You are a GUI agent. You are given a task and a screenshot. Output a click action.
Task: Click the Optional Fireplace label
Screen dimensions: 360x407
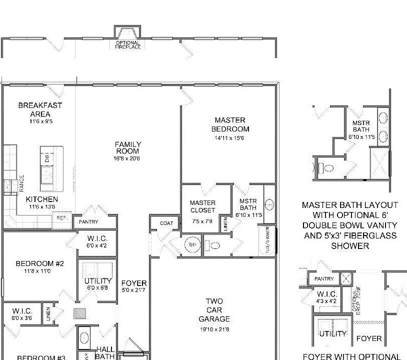click(128, 45)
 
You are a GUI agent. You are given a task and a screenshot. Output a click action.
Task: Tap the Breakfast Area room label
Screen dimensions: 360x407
click(40, 109)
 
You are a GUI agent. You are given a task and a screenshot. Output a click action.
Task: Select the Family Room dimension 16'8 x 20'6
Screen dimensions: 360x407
click(127, 158)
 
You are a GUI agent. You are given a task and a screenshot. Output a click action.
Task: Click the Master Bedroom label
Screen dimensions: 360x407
click(230, 124)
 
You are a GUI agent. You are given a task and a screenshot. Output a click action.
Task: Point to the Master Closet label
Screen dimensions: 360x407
click(202, 206)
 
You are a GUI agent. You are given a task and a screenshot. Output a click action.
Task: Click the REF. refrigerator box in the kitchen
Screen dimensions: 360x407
click(62, 218)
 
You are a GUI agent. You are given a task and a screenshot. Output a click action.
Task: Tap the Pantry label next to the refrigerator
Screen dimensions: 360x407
click(88, 221)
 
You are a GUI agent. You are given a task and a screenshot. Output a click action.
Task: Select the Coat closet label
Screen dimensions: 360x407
click(166, 223)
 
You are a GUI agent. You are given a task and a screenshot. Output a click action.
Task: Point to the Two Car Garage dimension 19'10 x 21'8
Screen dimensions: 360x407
click(214, 329)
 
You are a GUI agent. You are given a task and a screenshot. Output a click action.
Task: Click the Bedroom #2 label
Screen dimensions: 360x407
click(39, 263)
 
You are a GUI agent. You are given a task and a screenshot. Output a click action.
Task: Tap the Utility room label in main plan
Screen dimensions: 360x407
click(98, 281)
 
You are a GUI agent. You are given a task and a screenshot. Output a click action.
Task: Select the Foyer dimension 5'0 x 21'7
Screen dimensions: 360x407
click(134, 290)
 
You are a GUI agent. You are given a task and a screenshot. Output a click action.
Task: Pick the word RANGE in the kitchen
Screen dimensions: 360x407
click(21, 184)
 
